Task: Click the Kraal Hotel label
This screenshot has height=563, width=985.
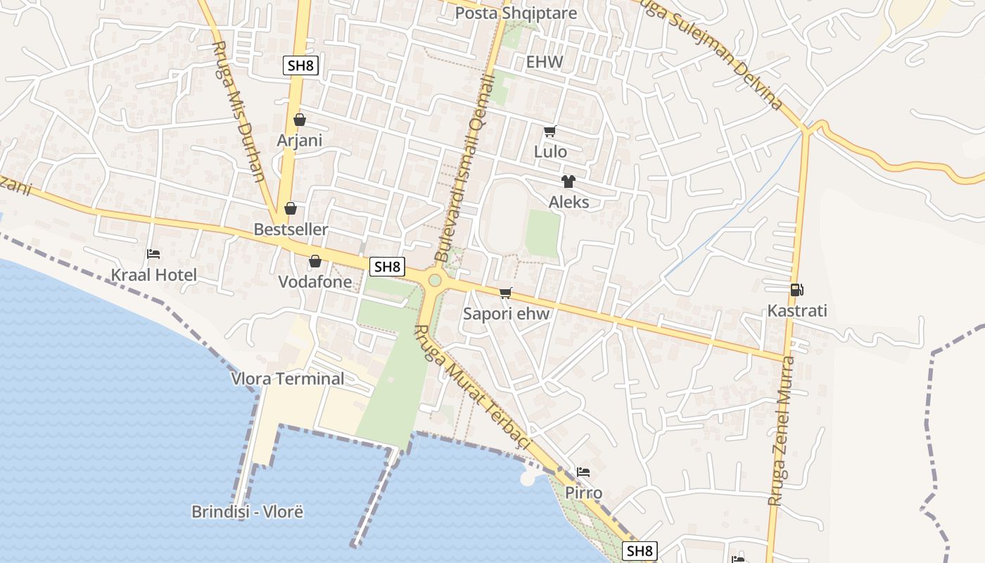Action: tap(154, 274)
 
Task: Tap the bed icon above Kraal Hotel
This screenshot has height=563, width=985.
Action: tap(153, 254)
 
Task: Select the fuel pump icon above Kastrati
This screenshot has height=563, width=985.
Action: tap(796, 289)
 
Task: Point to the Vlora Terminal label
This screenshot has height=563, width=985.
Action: tap(288, 379)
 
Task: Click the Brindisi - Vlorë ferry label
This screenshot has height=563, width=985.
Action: tap(247, 512)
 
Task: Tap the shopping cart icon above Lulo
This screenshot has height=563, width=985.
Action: tap(550, 131)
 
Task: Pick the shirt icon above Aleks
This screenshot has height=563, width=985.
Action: tap(568, 182)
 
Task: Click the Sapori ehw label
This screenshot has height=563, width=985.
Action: tap(506, 314)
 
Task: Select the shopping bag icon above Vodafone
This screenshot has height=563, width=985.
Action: tap(314, 261)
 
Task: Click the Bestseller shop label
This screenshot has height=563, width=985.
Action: tap(291, 229)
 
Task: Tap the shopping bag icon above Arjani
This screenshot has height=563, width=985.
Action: tap(300, 120)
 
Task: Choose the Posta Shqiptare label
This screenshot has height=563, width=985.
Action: tap(516, 13)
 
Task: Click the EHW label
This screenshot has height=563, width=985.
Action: tap(545, 62)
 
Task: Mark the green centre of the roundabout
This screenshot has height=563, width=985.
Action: tap(435, 281)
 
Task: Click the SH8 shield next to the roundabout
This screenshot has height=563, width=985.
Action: tap(388, 266)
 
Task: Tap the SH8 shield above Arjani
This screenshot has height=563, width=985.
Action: tap(301, 66)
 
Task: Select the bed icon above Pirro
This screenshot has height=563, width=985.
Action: tap(583, 472)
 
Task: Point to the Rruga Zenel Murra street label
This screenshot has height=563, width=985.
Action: tap(782, 431)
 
